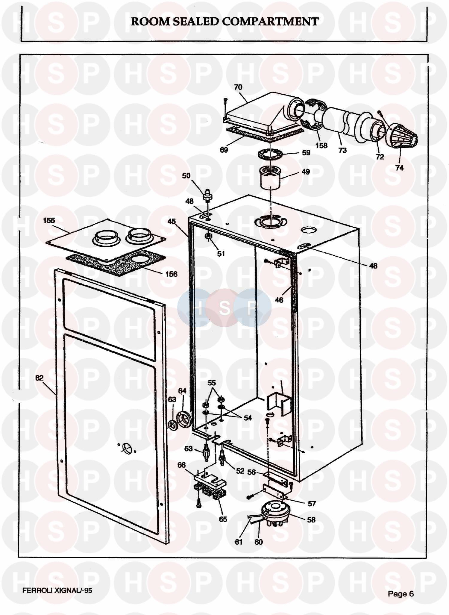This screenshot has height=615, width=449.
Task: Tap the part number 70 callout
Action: [x=238, y=87]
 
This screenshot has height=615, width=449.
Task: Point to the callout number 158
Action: [x=321, y=146]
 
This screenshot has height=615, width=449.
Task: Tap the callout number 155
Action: [x=49, y=221]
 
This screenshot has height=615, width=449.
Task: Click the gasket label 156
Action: [x=171, y=274]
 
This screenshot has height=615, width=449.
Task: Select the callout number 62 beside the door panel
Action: [x=39, y=378]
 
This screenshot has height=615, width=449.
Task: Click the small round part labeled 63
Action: [x=172, y=425]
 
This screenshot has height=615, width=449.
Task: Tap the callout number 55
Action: [x=212, y=383]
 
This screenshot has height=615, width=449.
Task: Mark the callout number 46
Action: [x=279, y=300]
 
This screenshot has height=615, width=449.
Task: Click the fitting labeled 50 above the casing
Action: [x=207, y=196]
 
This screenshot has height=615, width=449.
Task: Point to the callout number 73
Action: [x=342, y=150]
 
